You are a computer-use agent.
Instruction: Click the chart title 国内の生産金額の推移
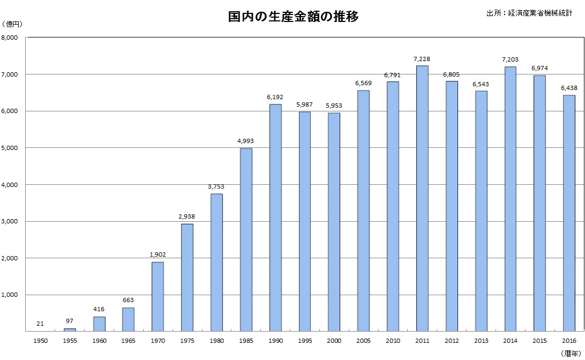point(292,17)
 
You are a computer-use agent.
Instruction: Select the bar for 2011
point(422,198)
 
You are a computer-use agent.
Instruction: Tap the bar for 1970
point(157,296)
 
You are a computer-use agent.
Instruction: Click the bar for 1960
point(99,324)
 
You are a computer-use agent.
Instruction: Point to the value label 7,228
point(422,59)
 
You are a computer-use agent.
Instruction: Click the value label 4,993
point(246,141)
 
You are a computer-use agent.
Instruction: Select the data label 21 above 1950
point(40,324)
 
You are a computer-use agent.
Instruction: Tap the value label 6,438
point(569,88)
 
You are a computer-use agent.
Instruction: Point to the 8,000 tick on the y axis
point(10,37)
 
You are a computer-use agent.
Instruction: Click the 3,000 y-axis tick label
point(10,221)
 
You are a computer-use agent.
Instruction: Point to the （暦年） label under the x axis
point(572,353)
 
